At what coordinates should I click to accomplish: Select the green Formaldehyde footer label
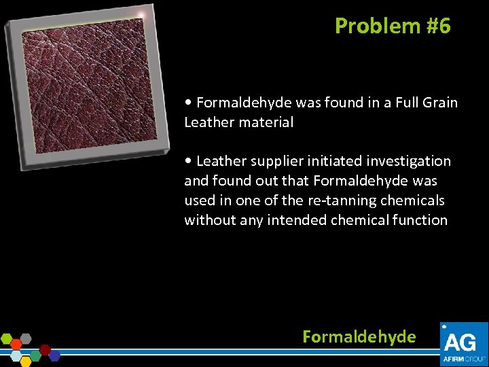(x=359, y=336)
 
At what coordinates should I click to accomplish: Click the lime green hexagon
(x=7, y=338)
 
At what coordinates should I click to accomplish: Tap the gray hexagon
(x=26, y=338)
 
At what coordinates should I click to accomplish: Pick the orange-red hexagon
(x=16, y=345)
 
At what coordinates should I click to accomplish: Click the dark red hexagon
(x=45, y=350)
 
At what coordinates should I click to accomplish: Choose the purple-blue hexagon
(x=54, y=356)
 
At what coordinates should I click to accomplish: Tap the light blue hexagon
(x=16, y=356)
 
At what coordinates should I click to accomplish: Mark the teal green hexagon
(x=35, y=356)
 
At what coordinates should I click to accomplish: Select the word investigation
(x=407, y=162)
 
